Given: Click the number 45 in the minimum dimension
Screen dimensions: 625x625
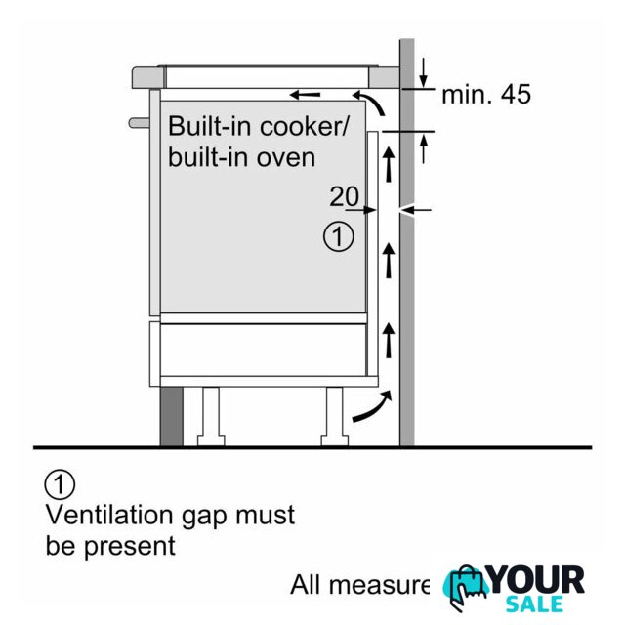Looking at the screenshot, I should [x=513, y=95].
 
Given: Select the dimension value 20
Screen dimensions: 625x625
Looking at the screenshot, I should [x=344, y=196].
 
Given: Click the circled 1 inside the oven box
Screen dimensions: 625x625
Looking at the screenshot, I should [x=338, y=236].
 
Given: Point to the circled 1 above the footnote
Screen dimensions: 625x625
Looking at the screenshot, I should [x=60, y=483].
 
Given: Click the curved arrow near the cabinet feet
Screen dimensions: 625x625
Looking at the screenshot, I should [x=376, y=406].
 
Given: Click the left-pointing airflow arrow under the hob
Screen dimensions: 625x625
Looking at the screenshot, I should [x=306, y=96].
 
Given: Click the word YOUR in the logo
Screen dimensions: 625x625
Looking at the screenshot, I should [x=536, y=580].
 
